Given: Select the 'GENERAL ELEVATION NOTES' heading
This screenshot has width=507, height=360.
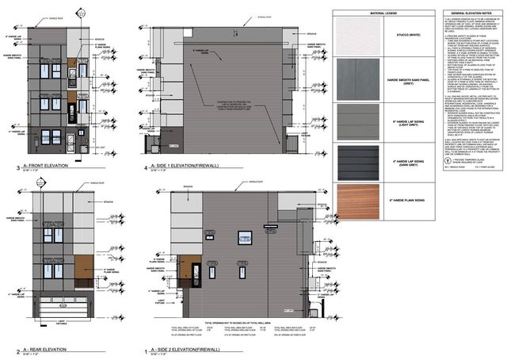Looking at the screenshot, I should pyautogui.click(x=470, y=15).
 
